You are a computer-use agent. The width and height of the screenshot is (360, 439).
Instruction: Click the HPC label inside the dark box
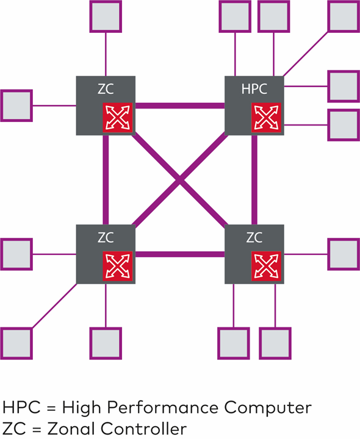(x=254, y=89)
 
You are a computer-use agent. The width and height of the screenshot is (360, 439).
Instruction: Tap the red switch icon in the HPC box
(x=266, y=118)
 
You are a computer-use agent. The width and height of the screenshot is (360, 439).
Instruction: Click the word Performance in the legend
(x=162, y=408)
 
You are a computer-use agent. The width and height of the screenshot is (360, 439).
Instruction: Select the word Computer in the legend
(x=268, y=408)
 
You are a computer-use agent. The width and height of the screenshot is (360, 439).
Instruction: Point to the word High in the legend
(x=82, y=408)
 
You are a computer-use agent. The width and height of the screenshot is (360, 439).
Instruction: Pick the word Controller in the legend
(x=143, y=429)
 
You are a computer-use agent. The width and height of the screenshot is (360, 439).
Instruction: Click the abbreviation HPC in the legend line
(x=21, y=407)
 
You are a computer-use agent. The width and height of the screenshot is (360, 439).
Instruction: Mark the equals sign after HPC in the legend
(x=51, y=408)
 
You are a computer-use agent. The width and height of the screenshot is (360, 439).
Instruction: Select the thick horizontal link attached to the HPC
(x=180, y=106)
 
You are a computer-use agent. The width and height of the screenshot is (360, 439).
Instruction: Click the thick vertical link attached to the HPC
(x=254, y=180)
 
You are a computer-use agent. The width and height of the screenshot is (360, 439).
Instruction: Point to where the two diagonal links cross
(x=180, y=180)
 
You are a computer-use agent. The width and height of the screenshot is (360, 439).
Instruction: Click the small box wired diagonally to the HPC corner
(x=344, y=16)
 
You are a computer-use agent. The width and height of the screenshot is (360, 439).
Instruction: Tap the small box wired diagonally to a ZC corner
(x=16, y=343)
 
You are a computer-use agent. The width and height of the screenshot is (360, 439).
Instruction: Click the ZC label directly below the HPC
(x=254, y=237)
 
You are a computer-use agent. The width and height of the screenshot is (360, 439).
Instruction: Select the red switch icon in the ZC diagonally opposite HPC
(x=118, y=266)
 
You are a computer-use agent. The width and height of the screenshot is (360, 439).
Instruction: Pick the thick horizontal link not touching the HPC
(x=180, y=254)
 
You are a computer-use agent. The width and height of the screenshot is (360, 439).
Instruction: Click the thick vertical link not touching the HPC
(x=106, y=180)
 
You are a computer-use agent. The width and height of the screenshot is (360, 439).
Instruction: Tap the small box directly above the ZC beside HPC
(x=106, y=16)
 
